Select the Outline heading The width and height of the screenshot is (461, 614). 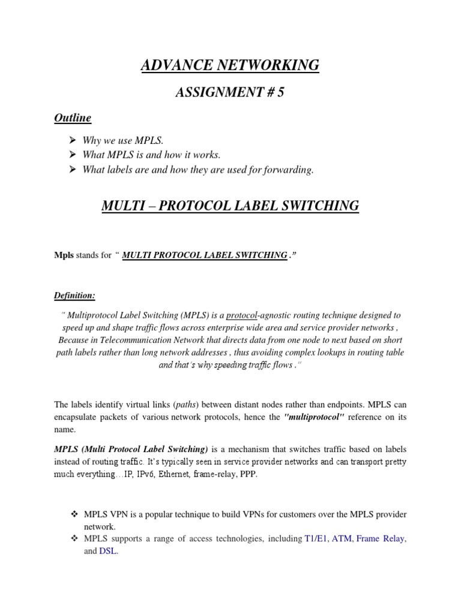pos(73,118)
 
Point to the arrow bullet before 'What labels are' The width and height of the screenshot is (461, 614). pos(73,170)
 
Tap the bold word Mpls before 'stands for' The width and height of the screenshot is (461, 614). pos(63,255)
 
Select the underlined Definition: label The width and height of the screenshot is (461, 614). pos(75,296)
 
